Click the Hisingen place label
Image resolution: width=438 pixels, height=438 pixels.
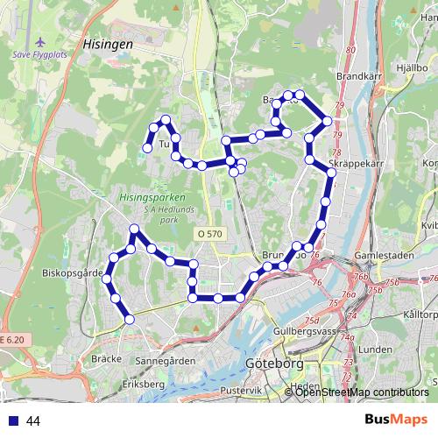pos(108,41)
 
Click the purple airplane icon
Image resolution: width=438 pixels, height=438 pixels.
pos(39,42)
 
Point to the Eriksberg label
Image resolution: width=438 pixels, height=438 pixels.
pos(144,384)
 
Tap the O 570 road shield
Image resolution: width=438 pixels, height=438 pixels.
pos(210,234)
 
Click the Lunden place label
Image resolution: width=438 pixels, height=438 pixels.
pos(376,349)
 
